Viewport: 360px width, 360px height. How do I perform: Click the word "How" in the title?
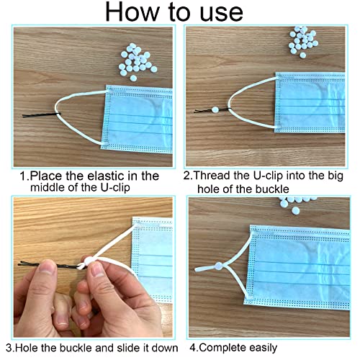[x=132, y=12]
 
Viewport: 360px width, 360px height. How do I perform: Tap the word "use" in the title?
[x=221, y=14]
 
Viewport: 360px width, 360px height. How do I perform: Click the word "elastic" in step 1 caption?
[x=106, y=176]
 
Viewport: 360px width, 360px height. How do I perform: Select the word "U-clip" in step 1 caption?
[x=115, y=187]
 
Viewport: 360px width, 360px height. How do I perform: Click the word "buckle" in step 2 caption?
[x=272, y=189]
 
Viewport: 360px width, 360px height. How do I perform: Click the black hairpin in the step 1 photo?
[x=41, y=115]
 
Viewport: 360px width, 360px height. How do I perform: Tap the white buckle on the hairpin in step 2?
[x=215, y=110]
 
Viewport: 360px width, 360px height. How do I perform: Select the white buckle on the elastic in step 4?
[x=219, y=266]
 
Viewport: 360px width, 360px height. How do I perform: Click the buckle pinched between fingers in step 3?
[x=89, y=260]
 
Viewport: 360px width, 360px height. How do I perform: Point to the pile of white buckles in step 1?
[x=138, y=62]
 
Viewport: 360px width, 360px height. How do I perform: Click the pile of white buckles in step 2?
[x=303, y=42]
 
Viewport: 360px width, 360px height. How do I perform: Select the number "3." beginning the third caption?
[x=11, y=348]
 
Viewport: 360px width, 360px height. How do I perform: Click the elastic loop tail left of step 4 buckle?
[x=204, y=269]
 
